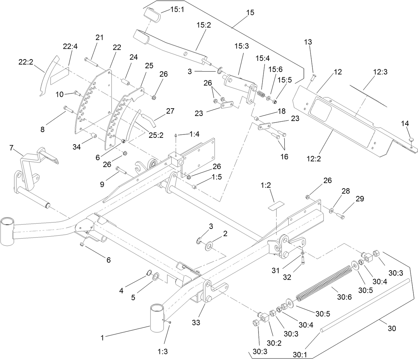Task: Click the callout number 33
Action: click(x=196, y=322)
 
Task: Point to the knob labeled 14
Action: click(x=411, y=139)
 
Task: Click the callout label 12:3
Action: click(x=380, y=72)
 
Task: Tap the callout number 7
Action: click(x=11, y=148)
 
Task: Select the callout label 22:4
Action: click(x=70, y=46)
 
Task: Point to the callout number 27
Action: click(x=170, y=111)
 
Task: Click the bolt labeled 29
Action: click(x=340, y=216)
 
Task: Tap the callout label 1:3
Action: click(x=162, y=351)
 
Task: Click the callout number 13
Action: click(x=308, y=42)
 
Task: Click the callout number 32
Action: click(x=287, y=277)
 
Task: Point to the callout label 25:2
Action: click(x=156, y=135)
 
